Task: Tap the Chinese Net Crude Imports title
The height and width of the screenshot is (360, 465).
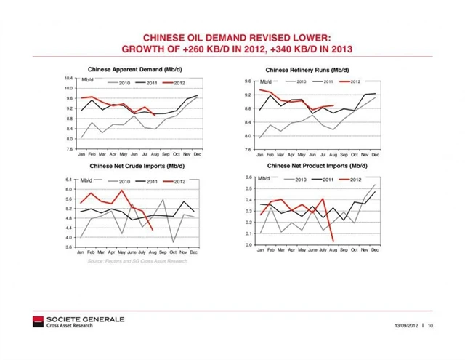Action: click(x=138, y=166)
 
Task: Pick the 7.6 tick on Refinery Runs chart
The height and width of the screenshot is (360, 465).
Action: click(x=248, y=149)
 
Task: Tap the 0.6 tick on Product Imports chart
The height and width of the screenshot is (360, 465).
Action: click(x=248, y=177)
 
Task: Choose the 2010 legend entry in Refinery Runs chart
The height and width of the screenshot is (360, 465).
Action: click(x=302, y=81)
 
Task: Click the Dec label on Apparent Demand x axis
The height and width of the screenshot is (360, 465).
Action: click(x=196, y=155)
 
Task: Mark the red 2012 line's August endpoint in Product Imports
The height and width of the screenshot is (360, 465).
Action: click(x=333, y=241)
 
